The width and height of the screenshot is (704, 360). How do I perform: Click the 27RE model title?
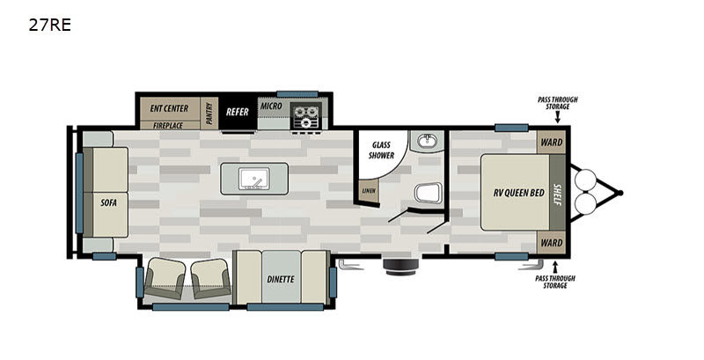(50, 25)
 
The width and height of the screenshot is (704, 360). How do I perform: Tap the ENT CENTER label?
(169, 108)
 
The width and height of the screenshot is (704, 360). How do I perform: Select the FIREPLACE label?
(168, 126)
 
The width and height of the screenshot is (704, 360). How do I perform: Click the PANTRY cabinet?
(209, 114)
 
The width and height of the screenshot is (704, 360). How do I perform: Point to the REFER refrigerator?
(238, 112)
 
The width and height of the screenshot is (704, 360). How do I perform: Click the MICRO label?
(271, 107)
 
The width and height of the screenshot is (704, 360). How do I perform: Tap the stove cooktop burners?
(305, 116)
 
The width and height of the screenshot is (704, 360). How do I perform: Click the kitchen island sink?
(254, 179)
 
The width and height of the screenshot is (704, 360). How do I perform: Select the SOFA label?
(108, 203)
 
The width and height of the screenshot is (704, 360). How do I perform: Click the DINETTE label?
(281, 279)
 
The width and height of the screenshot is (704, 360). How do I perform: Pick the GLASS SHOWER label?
(382, 150)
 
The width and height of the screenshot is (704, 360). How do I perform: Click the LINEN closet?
(369, 190)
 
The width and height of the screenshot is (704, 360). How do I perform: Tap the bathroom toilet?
(428, 193)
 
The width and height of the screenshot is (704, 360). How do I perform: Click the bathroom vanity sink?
(427, 142)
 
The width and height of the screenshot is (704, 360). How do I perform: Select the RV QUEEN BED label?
(519, 193)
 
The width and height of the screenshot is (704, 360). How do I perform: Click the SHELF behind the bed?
(557, 193)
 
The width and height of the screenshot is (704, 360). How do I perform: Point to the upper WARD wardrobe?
(552, 143)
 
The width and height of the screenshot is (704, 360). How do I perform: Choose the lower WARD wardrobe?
(552, 243)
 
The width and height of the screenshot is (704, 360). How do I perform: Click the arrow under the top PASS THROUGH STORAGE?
(558, 117)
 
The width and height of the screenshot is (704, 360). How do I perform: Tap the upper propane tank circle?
(585, 180)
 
